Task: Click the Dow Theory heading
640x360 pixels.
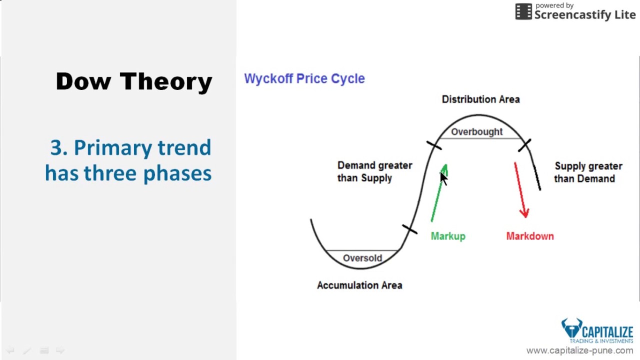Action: [133, 81]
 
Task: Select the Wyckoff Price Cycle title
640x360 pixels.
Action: [304, 78]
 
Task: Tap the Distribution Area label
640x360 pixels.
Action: [480, 99]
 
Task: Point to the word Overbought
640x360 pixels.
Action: [476, 131]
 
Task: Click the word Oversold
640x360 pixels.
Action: [362, 258]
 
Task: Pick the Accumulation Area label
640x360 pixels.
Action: [359, 285]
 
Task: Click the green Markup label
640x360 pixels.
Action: [447, 236]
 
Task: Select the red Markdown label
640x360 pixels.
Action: [529, 236]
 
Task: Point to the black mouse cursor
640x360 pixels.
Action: [443, 177]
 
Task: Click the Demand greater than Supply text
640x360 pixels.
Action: [374, 171]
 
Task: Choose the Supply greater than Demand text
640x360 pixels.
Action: [588, 172]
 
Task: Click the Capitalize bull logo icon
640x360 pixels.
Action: [571, 328]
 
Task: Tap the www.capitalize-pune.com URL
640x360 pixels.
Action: [579, 350]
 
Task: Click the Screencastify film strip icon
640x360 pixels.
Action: [523, 11]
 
